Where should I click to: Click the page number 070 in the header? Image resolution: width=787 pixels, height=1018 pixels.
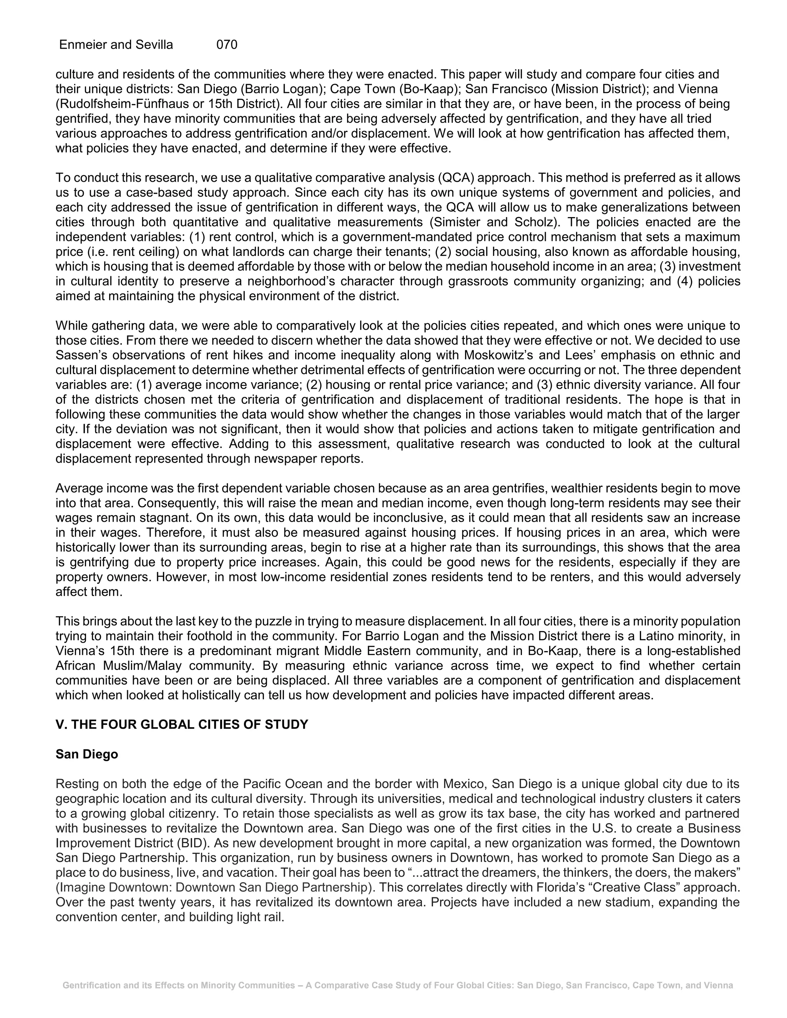227,45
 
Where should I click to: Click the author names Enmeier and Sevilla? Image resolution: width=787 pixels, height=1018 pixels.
116,45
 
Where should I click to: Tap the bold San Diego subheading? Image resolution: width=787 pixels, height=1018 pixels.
87,754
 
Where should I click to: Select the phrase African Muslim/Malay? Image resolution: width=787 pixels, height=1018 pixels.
118,666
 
